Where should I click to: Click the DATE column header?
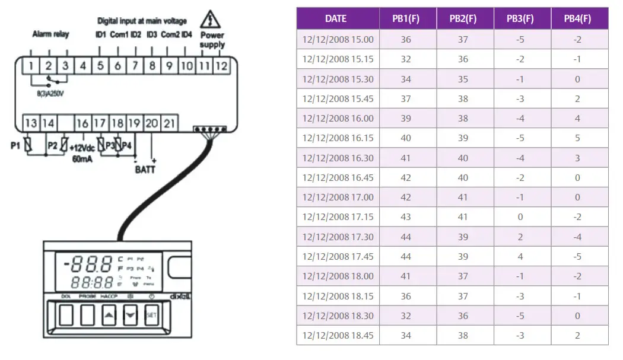[x=336, y=18]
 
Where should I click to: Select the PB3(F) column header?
[x=520, y=18]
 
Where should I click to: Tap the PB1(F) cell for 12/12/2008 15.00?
[x=406, y=39]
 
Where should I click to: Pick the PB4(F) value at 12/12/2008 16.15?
[x=577, y=138]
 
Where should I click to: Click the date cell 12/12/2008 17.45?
[x=338, y=256]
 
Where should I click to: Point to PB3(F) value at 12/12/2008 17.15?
[x=520, y=217]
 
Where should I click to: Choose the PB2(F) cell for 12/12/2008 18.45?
[x=463, y=335]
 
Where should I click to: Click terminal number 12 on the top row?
[x=221, y=66]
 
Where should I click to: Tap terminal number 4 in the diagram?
[x=82, y=66]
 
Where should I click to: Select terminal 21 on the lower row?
[x=170, y=123]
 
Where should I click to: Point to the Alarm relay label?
[x=50, y=34]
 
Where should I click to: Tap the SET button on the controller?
[x=151, y=315]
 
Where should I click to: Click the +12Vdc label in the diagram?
[x=83, y=148]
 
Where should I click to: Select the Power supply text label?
[x=212, y=40]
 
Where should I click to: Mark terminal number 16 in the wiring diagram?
[x=82, y=123]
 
